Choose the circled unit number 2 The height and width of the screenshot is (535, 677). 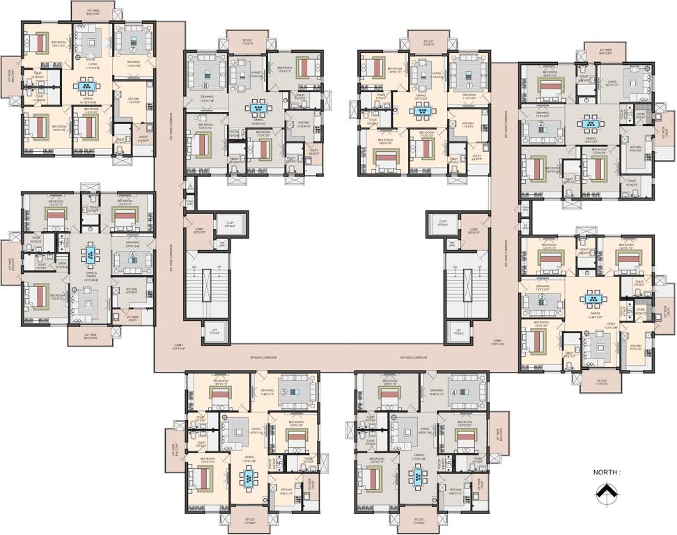pos(540,125)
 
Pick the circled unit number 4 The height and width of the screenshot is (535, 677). pos(453,391)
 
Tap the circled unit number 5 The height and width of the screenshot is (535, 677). pos(284,391)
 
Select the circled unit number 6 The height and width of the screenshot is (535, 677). pos(132,254)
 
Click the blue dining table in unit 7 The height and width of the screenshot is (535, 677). pos(86,87)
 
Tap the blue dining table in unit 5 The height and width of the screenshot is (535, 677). pos(248,479)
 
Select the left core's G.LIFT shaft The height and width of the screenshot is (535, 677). pos(230,224)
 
